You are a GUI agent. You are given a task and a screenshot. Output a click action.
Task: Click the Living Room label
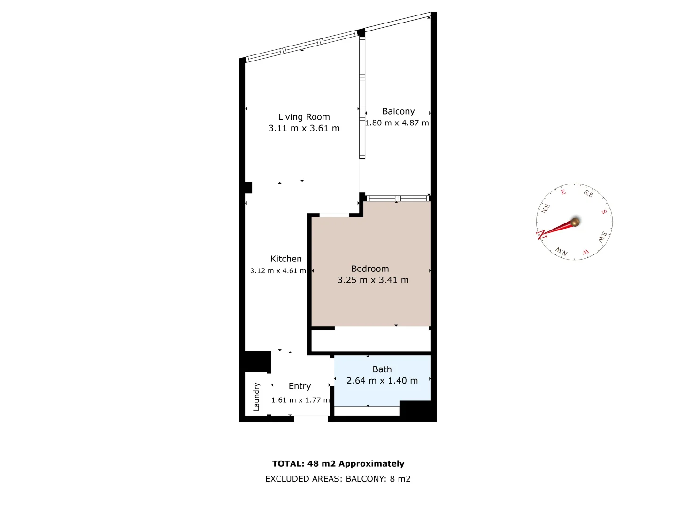[x=304, y=117]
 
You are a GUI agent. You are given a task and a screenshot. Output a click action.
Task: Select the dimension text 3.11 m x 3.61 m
[x=304, y=128]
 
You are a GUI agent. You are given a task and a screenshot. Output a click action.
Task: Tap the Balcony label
[x=398, y=111]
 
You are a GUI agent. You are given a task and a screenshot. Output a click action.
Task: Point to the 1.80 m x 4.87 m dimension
[x=397, y=123]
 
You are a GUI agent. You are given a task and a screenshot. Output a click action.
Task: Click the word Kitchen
[x=286, y=259]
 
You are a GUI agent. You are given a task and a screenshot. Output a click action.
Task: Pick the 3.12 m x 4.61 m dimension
[x=278, y=271]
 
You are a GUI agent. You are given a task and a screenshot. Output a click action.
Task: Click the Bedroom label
[x=370, y=269]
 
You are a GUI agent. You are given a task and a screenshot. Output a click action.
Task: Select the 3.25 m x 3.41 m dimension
[x=373, y=280]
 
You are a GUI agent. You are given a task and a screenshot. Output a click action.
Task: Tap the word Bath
[x=382, y=369]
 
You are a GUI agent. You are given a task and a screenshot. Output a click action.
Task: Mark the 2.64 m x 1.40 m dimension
[x=382, y=381]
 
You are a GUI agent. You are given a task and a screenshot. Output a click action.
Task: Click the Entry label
[x=300, y=386]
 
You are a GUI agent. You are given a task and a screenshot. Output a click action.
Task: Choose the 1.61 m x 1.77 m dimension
[x=300, y=400]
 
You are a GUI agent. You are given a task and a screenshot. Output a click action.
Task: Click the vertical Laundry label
[x=256, y=397]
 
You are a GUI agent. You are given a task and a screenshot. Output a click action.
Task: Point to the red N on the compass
[x=541, y=234]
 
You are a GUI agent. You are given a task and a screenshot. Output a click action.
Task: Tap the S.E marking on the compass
[x=588, y=193]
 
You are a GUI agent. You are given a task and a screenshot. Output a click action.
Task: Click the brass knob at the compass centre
[x=575, y=222]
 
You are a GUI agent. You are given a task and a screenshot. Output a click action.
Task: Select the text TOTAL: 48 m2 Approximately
[x=338, y=464]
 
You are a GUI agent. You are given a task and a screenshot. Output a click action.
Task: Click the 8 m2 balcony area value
[x=400, y=479]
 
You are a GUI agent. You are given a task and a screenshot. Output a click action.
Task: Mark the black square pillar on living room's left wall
[x=248, y=187]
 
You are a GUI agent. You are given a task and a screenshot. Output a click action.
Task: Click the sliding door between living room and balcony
[x=362, y=98]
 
